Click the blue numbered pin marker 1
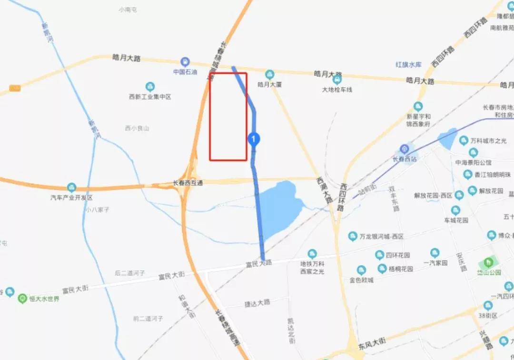click(254, 139)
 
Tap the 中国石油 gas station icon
click(185, 62)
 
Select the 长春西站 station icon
click(404, 149)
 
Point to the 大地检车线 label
click(337, 89)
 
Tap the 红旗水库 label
click(409, 64)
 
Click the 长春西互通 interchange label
click(188, 183)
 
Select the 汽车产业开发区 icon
click(71, 187)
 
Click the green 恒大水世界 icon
click(22, 299)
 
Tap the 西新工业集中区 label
click(150, 97)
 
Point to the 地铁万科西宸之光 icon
click(312, 253)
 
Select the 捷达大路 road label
click(257, 302)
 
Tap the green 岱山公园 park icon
click(488, 262)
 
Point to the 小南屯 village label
click(128, 10)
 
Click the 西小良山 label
click(137, 128)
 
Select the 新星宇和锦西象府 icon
click(418, 106)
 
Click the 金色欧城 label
click(361, 280)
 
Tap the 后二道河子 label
click(130, 273)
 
